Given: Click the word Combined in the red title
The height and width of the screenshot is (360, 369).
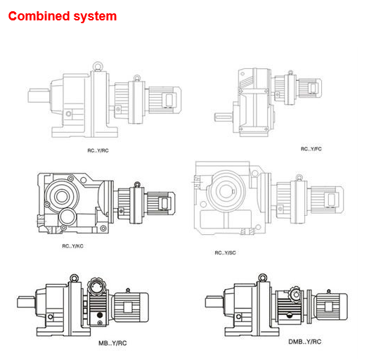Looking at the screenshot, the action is [x=39, y=16].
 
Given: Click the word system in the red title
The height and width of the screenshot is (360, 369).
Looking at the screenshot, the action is [x=95, y=17].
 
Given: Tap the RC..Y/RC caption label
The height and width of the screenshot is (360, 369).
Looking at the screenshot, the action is [x=98, y=150].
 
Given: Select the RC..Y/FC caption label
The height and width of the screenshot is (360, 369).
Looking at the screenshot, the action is [x=311, y=149].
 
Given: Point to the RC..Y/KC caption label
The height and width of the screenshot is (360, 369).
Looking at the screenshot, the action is [x=72, y=246].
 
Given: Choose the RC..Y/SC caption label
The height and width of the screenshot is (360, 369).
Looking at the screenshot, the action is [x=225, y=253].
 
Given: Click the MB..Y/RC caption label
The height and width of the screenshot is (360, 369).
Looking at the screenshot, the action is [x=112, y=343].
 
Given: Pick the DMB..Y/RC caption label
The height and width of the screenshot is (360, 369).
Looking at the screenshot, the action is [x=305, y=342].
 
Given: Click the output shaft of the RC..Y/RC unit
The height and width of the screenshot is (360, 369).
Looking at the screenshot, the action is [x=39, y=96].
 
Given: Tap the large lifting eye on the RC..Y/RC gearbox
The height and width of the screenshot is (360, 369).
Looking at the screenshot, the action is [x=98, y=66].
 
